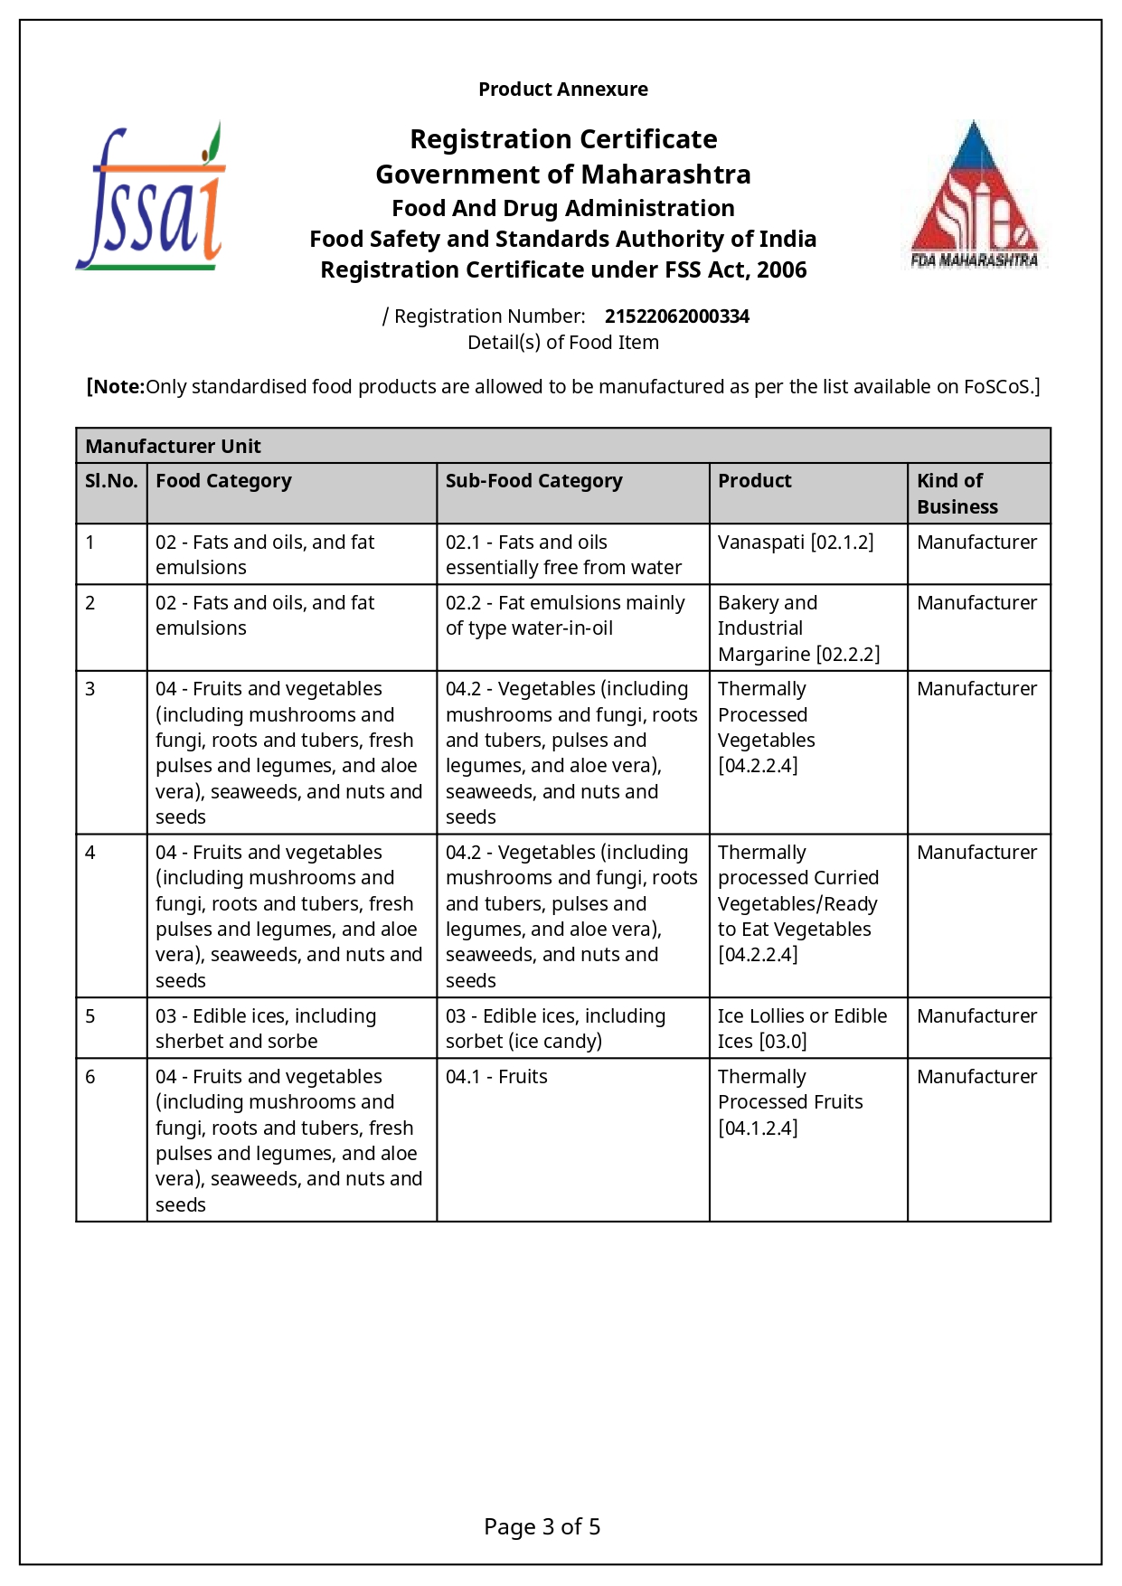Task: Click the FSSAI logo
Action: tap(150, 197)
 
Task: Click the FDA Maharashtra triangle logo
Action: tap(974, 195)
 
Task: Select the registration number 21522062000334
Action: tap(676, 316)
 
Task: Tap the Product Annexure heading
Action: tap(562, 90)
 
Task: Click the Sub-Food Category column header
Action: tap(533, 481)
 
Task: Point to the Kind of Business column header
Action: tap(957, 494)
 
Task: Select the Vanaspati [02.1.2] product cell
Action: tap(796, 543)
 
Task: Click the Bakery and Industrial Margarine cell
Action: tap(798, 628)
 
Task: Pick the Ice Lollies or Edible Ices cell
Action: tap(802, 1028)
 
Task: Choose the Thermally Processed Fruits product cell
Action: tap(790, 1101)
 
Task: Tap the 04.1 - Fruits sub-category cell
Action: tap(496, 1077)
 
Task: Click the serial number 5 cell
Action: tap(90, 1016)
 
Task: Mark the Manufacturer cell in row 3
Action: tap(976, 689)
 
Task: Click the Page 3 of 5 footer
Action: tap(542, 1527)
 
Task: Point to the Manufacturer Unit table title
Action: tap(173, 447)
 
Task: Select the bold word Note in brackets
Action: tap(118, 387)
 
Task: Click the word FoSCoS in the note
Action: tap(996, 387)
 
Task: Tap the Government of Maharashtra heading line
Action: tap(562, 175)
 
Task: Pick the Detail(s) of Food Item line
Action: tap(562, 343)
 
